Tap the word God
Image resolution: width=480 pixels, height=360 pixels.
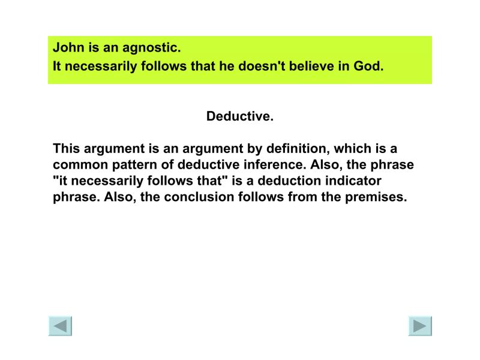click(x=368, y=66)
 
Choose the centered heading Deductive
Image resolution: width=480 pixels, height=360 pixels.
click(x=240, y=116)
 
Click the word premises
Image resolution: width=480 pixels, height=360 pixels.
click(x=376, y=197)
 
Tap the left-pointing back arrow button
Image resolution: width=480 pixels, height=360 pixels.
click(x=60, y=325)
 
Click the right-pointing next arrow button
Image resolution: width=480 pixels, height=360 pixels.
click(x=420, y=325)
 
